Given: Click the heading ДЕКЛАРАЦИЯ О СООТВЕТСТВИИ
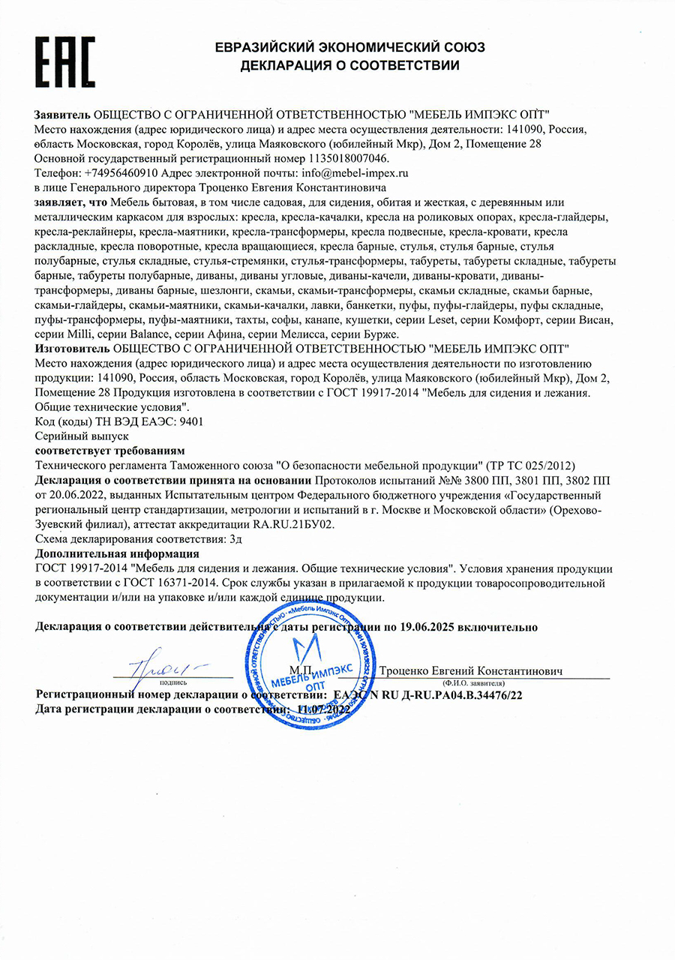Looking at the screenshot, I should [349, 65].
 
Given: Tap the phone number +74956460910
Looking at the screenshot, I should [120, 172].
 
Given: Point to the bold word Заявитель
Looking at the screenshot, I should [62, 115].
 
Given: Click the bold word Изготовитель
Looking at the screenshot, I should [71, 349].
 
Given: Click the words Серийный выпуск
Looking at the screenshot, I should [72, 435].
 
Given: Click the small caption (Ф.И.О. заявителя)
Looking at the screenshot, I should [473, 684].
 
